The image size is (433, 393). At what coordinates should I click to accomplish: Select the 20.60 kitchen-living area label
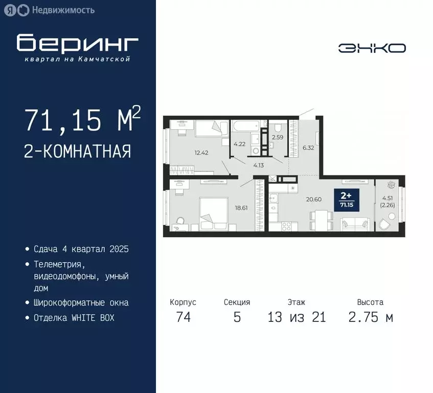[x=313, y=199]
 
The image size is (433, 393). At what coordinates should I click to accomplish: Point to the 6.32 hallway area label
[x=308, y=147]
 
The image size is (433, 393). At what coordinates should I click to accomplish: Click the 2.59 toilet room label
[x=278, y=137]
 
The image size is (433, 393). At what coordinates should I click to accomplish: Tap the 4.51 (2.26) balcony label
[x=389, y=203]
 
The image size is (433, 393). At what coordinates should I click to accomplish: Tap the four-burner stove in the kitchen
[x=287, y=225]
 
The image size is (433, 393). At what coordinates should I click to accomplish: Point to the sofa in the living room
[x=355, y=224]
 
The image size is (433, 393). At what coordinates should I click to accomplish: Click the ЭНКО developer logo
[x=372, y=48]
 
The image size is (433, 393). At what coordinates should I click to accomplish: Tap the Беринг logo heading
[x=77, y=44]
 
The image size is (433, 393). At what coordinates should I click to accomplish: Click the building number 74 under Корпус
[x=183, y=317]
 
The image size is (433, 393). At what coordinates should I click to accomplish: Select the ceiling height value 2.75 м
[x=371, y=317]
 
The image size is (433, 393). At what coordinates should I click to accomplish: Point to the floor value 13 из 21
[x=297, y=317]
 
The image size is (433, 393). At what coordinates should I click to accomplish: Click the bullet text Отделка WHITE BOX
[x=74, y=318]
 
